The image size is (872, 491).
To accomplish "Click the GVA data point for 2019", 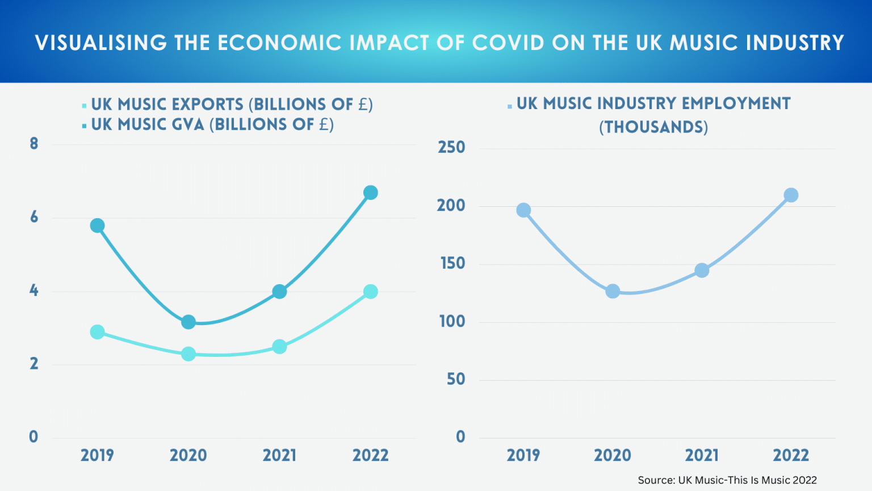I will tap(97, 226).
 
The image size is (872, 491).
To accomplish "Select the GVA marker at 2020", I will tap(188, 322).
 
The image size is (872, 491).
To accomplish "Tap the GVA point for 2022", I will tap(371, 193).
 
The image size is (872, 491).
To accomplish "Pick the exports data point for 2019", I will tap(97, 332).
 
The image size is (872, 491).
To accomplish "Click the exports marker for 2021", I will tap(279, 347).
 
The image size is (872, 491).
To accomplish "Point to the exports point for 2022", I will tap(371, 292).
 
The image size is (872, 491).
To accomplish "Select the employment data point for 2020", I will tap(613, 292).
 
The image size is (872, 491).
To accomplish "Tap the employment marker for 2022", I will tap(791, 195).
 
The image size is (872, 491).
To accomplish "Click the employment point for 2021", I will tap(702, 271).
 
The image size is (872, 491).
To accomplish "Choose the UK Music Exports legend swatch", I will tap(84, 106).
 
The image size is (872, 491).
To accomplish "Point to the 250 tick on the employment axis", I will tap(451, 148).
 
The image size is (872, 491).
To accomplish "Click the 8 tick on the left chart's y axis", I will tap(34, 144).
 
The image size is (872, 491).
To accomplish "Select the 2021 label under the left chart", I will tap(279, 455).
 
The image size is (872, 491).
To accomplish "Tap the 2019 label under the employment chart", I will tap(523, 455).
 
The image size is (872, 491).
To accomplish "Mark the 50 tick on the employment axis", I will tap(455, 380).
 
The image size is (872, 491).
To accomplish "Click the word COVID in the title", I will tap(508, 43).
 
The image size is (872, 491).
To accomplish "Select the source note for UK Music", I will tap(727, 480).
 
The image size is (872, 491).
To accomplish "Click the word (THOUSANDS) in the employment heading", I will tap(653, 127).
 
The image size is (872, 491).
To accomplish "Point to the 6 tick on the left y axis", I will tap(34, 217).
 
